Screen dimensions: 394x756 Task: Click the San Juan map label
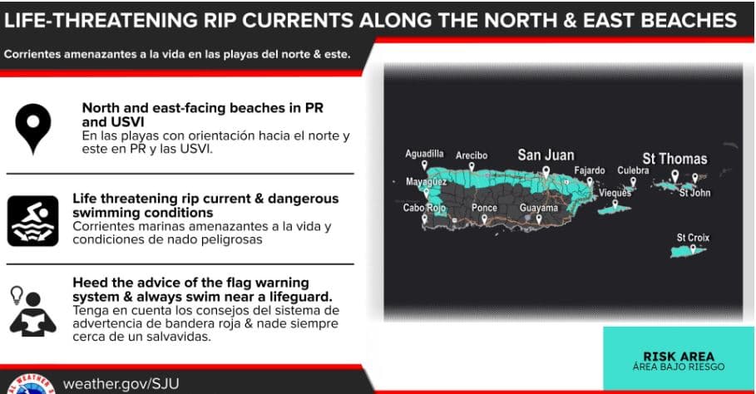coord(546,155)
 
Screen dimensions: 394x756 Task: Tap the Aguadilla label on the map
coord(424,154)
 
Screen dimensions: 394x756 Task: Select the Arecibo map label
coord(472,155)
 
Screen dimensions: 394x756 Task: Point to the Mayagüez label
coord(426,180)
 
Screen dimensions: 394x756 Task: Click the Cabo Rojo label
coord(423,208)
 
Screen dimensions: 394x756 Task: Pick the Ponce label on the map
coord(484,208)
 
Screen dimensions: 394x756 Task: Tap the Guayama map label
coord(538,208)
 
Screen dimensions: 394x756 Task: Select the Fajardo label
coord(590,170)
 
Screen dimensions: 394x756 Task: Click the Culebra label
coord(633,170)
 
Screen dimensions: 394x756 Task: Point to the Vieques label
coord(615,193)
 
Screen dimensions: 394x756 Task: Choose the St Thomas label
coord(674,159)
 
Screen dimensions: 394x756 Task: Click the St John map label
coord(694,193)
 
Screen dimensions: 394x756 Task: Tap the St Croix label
coord(693,238)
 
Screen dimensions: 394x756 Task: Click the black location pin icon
coord(32,129)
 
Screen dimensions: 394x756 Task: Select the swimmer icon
coord(32,220)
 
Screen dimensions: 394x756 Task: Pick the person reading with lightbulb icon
coord(32,310)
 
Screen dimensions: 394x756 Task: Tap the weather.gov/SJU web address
coord(121,383)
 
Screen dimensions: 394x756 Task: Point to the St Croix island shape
coord(689,250)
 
